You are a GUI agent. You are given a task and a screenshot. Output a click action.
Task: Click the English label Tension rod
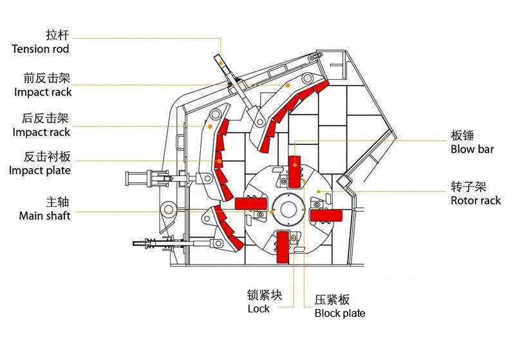[x=40, y=49]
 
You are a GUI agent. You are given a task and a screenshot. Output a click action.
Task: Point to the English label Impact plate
[x=40, y=171]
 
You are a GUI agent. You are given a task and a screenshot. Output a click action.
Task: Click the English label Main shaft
[x=45, y=216]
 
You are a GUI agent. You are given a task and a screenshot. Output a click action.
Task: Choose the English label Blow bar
[x=472, y=149]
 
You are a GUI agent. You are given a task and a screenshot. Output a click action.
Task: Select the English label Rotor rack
[x=476, y=201]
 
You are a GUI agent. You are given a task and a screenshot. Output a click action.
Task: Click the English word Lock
[x=259, y=309]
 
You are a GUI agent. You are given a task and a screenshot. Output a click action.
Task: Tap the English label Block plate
[x=340, y=314]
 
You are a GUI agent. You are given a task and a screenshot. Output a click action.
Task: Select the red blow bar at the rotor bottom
[x=282, y=247]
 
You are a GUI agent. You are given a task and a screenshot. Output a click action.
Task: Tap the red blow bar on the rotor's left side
[x=251, y=203]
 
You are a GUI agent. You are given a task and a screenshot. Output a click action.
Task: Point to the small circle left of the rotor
[x=169, y=209]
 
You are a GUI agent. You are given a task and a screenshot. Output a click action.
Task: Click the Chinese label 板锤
[x=463, y=136]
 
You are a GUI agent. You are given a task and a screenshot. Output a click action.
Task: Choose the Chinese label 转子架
[x=467, y=187]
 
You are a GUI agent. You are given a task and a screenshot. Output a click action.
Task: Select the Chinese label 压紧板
[x=332, y=299]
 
